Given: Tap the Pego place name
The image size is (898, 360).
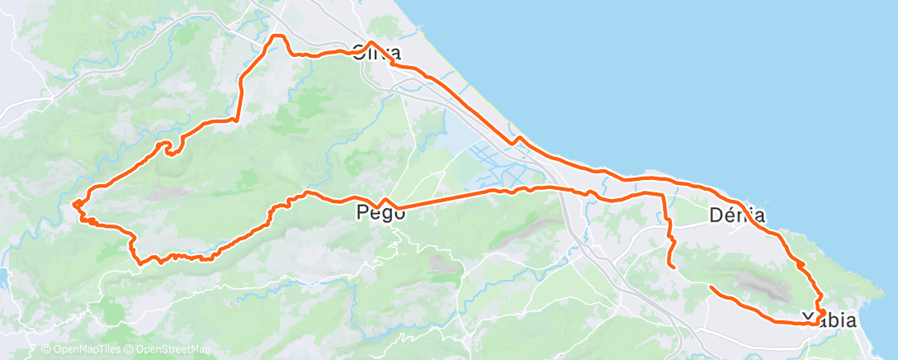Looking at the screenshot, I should point(381,213).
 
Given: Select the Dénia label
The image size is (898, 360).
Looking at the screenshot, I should point(737,216).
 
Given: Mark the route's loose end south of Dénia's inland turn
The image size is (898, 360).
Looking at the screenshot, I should point(674,267).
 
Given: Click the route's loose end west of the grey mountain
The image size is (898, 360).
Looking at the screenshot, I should point(711,287).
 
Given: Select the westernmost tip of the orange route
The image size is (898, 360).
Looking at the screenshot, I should point(73,203).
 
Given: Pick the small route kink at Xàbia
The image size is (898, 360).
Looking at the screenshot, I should point(820,311).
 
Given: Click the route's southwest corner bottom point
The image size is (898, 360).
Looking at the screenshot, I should point(141,263).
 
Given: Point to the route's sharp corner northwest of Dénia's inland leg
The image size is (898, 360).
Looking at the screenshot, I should point(662,195).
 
